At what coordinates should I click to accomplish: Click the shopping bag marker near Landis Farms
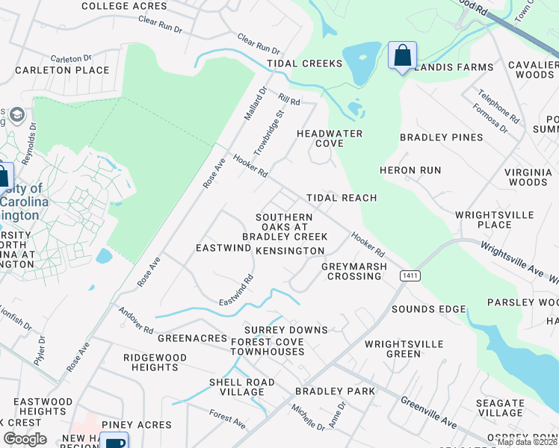point(402,55)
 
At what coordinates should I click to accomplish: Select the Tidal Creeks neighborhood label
point(305,63)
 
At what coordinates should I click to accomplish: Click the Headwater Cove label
point(330,138)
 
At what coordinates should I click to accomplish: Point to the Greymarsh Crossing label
point(354,271)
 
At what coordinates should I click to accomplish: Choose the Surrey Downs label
point(286,329)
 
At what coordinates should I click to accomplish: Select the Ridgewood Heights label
point(150,362)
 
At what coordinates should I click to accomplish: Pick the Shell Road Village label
point(241,387)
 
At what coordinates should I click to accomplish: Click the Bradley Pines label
point(441,137)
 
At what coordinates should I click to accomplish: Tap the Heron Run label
point(410,170)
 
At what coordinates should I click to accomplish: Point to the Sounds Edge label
point(428,309)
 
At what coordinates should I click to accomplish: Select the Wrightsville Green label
point(404,349)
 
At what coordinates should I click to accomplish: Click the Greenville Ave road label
point(429,412)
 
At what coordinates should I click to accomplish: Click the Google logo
point(25,439)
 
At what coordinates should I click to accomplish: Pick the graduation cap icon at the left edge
point(17,115)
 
